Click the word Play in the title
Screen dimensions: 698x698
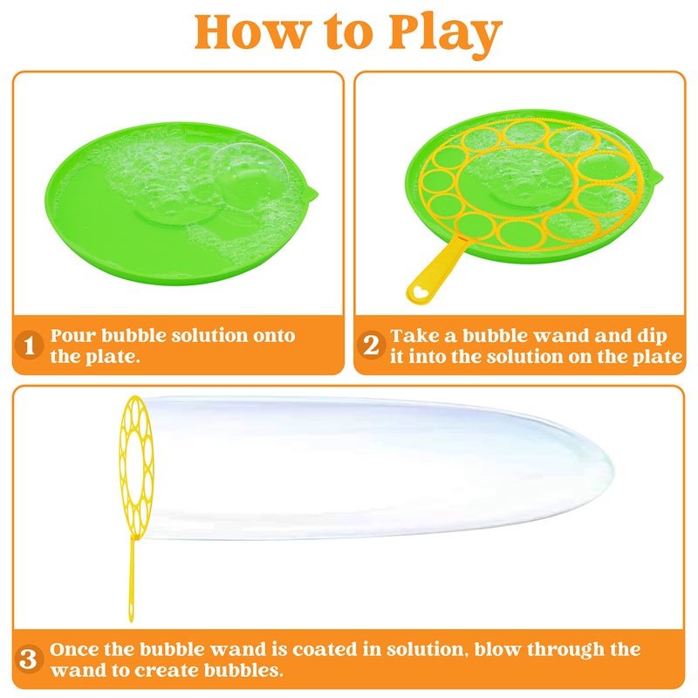coord(440,33)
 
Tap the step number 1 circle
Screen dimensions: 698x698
coord(29,346)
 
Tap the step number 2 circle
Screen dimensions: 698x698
coord(371,346)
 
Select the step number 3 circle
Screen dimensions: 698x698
coord(29,660)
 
